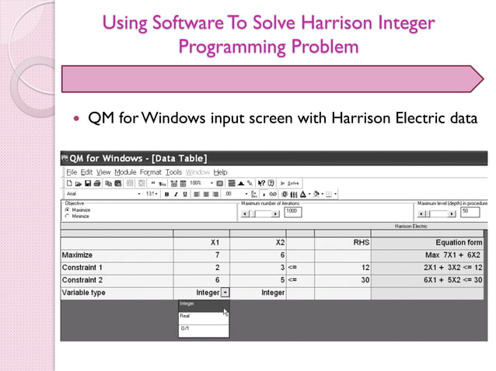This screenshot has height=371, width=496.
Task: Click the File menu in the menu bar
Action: pyautogui.click(x=72, y=172)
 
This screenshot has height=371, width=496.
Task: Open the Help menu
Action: pyautogui.click(x=221, y=172)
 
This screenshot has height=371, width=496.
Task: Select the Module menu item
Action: pyautogui.click(x=124, y=172)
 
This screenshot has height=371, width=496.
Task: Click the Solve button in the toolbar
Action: pyautogui.click(x=289, y=182)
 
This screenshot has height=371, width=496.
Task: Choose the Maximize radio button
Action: pyautogui.click(x=67, y=210)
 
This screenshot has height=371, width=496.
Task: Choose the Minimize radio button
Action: pyautogui.click(x=67, y=216)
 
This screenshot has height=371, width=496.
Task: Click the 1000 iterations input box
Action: pyautogui.click(x=292, y=211)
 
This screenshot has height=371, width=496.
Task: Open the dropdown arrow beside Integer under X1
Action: pyautogui.click(x=225, y=293)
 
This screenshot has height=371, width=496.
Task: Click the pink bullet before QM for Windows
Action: pyautogui.click(x=75, y=119)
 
